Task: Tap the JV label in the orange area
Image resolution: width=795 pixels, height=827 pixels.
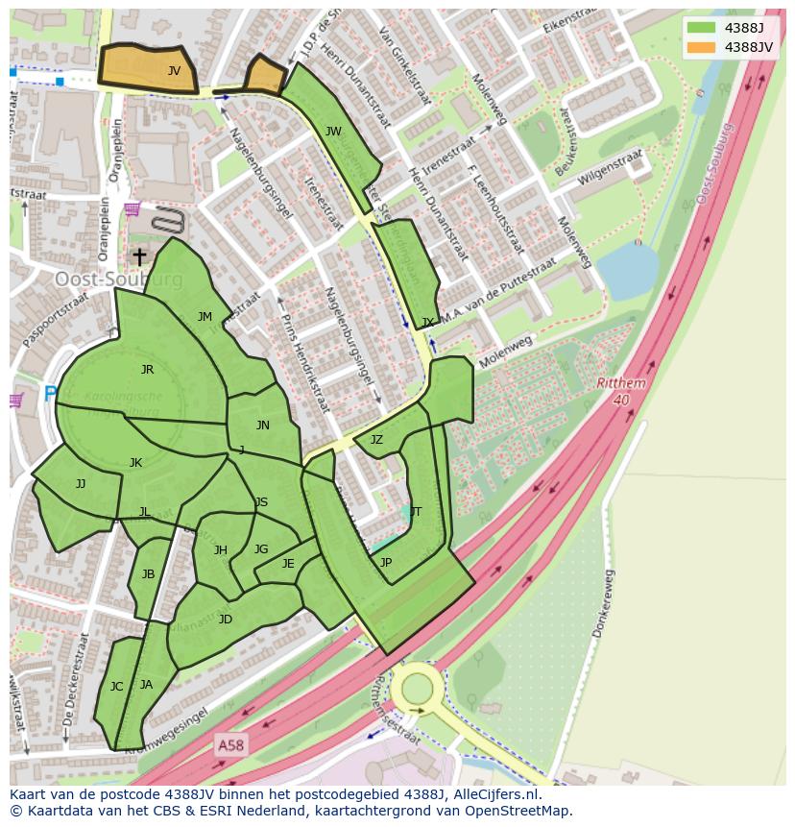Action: click(x=174, y=71)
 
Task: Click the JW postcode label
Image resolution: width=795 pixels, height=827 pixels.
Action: click(x=333, y=132)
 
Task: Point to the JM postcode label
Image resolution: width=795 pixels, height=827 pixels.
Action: click(x=205, y=317)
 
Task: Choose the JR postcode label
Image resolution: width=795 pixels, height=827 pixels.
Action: click(x=147, y=370)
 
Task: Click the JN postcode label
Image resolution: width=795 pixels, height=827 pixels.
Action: click(x=263, y=426)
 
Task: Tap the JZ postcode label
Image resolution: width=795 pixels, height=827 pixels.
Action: click(x=376, y=440)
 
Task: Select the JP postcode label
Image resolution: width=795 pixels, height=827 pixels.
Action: click(x=386, y=563)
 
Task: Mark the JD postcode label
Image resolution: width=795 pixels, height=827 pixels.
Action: click(x=226, y=620)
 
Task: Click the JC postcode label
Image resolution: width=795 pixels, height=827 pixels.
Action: click(x=116, y=687)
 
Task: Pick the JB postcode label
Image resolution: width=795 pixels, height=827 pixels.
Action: click(x=148, y=574)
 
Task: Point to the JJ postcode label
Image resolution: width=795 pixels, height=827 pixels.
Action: click(x=81, y=484)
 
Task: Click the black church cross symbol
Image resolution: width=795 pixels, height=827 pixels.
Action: click(x=139, y=256)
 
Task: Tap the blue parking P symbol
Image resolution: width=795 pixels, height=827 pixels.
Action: click(x=50, y=393)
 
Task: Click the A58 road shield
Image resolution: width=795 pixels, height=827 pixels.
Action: click(x=229, y=744)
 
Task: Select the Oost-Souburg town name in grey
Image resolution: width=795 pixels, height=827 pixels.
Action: click(x=118, y=279)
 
